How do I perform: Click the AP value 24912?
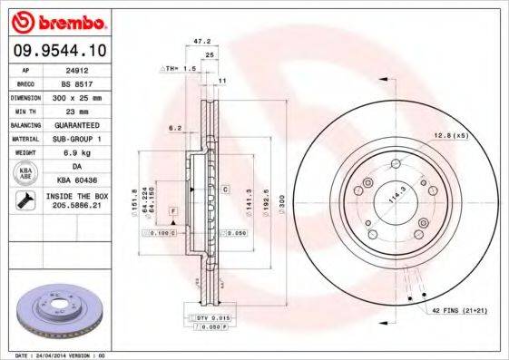pyautogui.click(x=75, y=68)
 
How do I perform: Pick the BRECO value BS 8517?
pyautogui.click(x=75, y=82)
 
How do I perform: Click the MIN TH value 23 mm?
pyautogui.click(x=75, y=110)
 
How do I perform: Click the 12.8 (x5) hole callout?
pyautogui.click(x=451, y=135)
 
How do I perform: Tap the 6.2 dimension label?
pyautogui.click(x=175, y=128)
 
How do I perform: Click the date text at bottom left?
pyautogui.click(x=55, y=355)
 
